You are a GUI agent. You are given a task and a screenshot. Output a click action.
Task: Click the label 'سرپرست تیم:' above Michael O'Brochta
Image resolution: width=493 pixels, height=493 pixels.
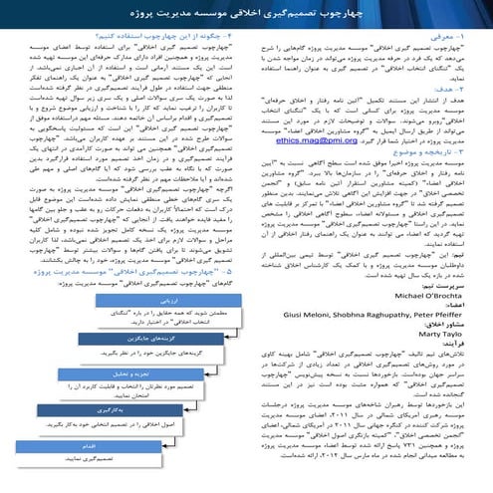coord(444,287)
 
